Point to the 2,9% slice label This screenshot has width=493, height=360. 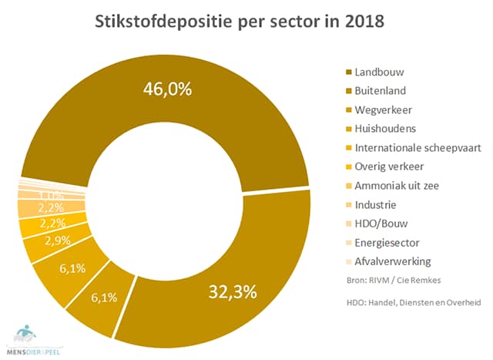coord(58,241)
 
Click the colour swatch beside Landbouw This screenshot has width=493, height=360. coord(349,72)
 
